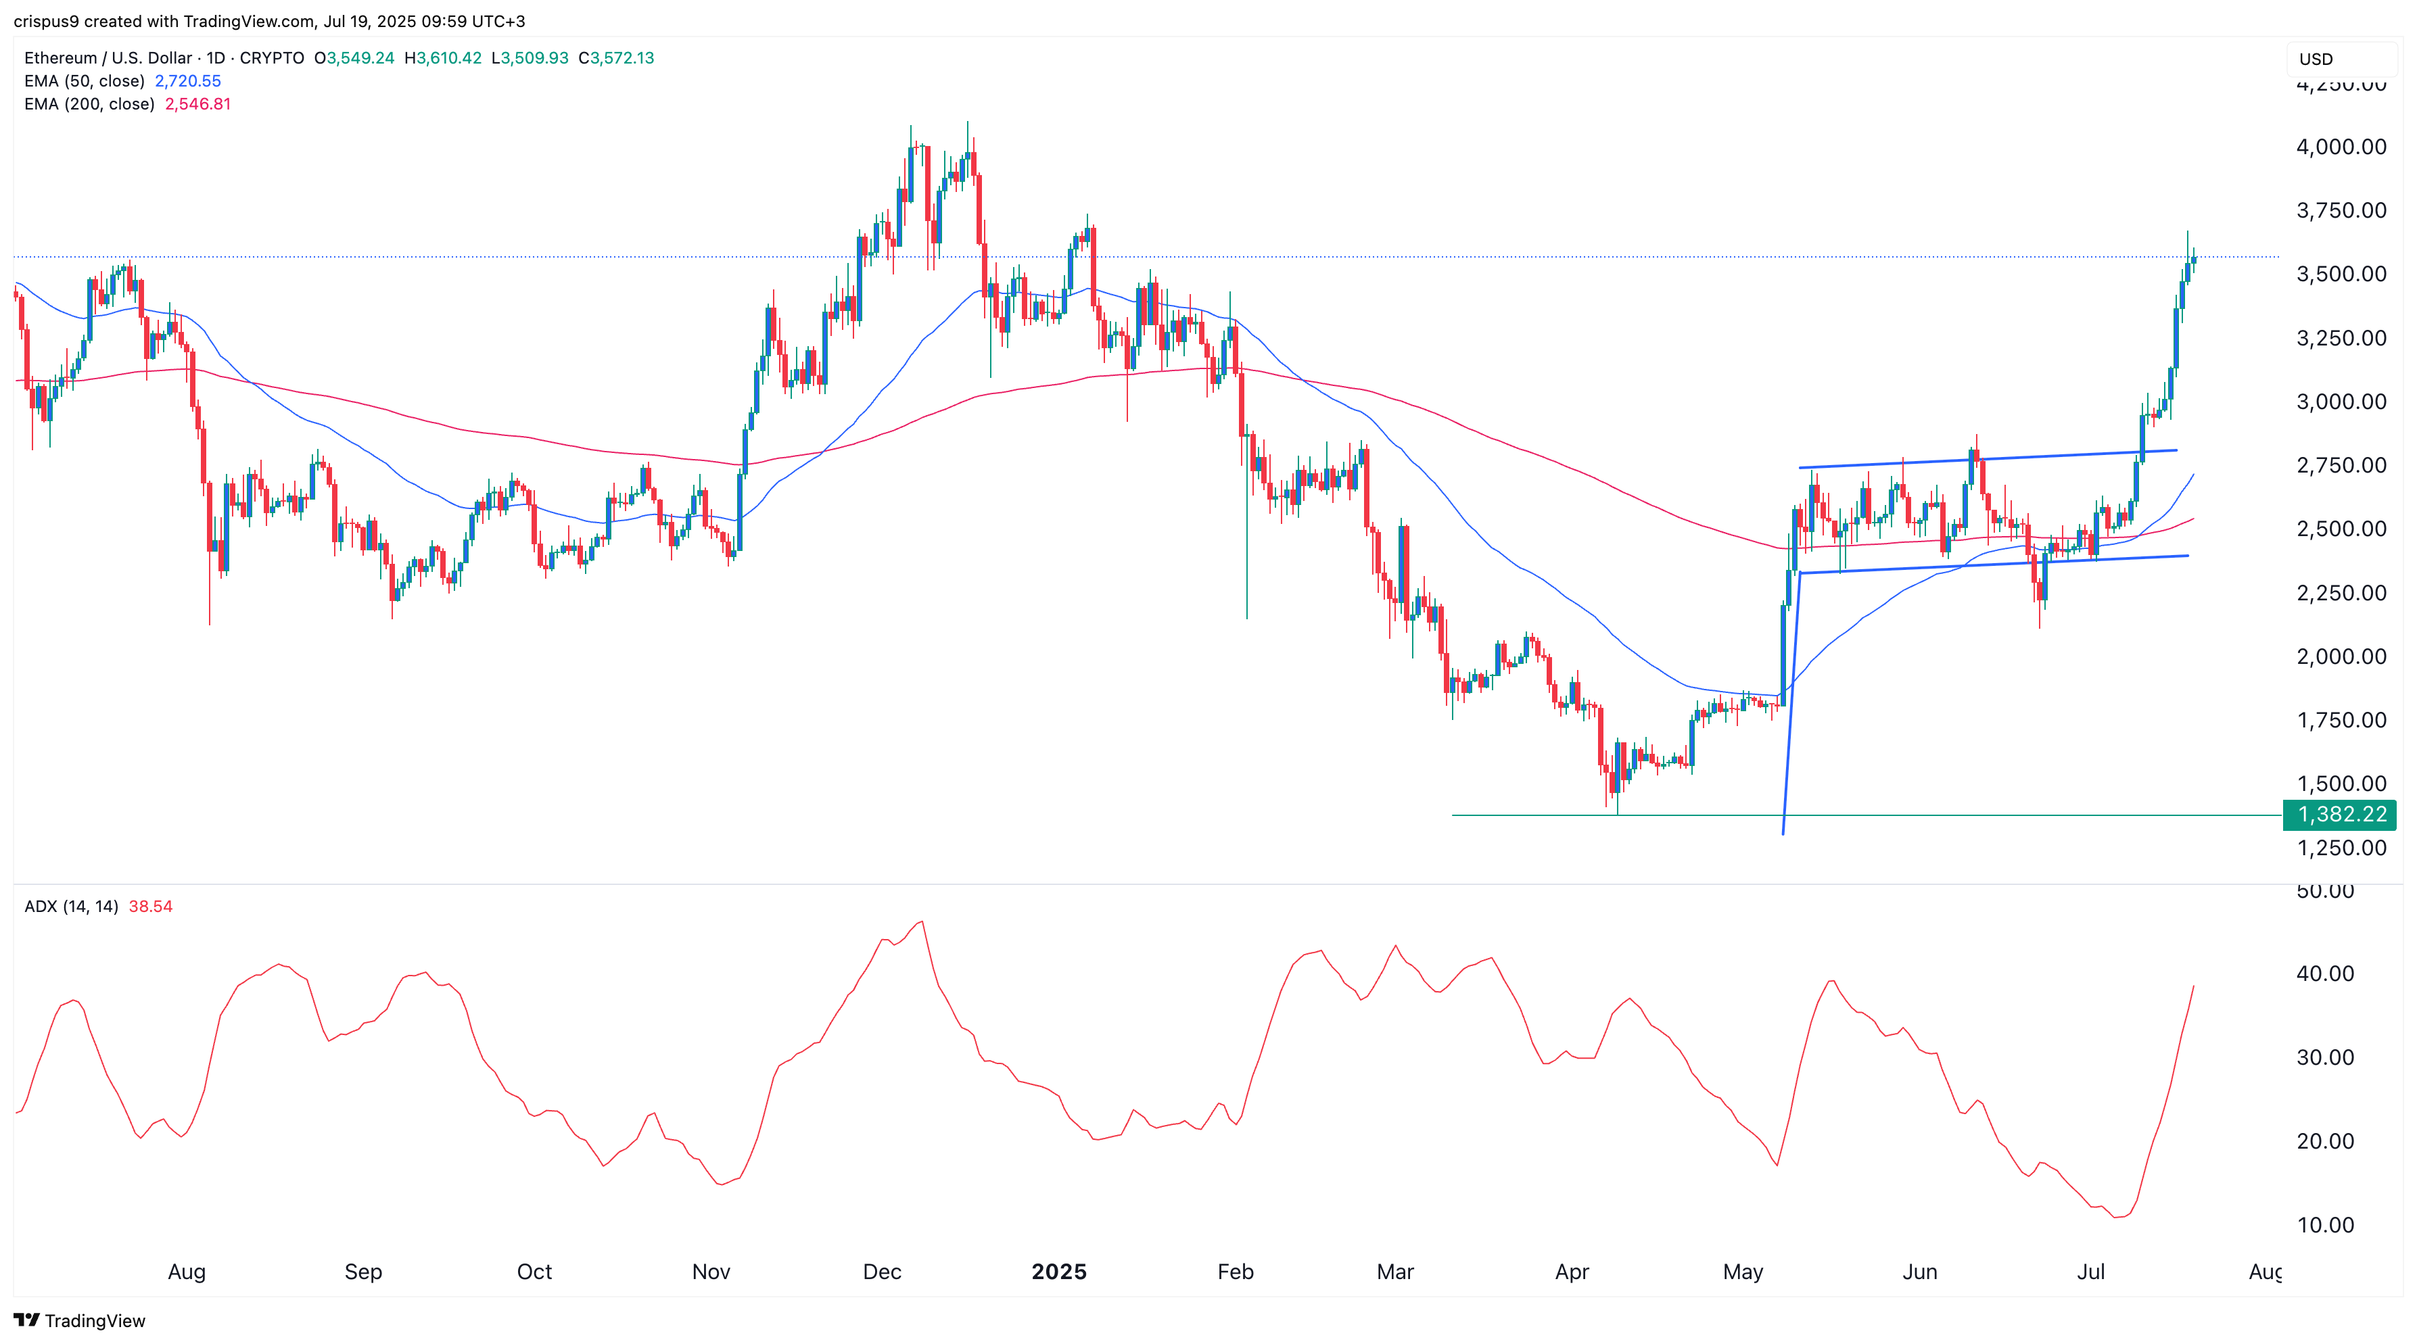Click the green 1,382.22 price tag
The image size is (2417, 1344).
(2339, 814)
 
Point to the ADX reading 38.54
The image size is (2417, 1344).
(150, 906)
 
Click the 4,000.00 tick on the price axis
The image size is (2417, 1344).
(2340, 146)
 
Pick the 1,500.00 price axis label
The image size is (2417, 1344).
(2340, 783)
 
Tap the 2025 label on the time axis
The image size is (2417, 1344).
(1058, 1272)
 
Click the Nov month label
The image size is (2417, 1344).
(710, 1272)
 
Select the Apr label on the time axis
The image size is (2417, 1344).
(1572, 1272)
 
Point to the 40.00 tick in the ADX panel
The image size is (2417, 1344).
(2325, 974)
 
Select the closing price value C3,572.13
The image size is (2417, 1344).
(617, 58)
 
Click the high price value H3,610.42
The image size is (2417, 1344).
(443, 58)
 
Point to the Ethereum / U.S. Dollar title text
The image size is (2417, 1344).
(108, 58)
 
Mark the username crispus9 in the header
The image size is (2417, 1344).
(47, 21)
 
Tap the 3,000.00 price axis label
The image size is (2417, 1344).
(2340, 402)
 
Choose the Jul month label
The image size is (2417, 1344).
(2090, 1272)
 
